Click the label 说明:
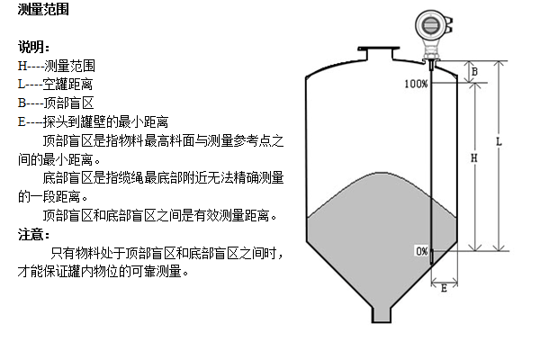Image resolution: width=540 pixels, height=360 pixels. pos(34,48)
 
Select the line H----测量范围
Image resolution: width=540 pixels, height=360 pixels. pos(56,66)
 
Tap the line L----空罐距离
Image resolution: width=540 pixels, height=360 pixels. pos(56,85)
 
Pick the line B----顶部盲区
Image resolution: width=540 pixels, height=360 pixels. pos(56,103)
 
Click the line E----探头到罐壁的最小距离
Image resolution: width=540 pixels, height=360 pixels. pos(94,121)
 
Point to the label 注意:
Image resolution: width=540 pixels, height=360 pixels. pos(34,235)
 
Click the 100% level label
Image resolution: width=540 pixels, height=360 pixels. pos(416,84)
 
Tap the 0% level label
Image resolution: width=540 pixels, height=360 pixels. pos(421,251)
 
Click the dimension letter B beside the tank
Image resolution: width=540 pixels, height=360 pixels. pos(474,70)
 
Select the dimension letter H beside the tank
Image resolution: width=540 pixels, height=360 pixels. pos(474,157)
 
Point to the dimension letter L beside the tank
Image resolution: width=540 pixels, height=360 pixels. pos(499,143)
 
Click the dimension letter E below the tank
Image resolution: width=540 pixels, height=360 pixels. pos(444,287)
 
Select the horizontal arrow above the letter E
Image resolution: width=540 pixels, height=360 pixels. pos(444,276)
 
